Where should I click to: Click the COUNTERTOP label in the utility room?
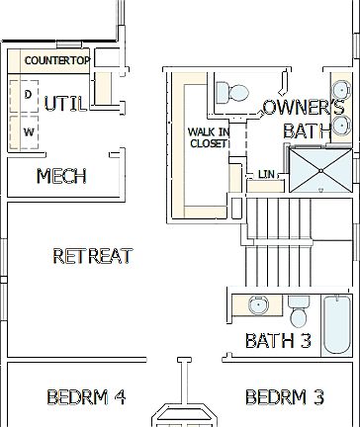coord(57,61)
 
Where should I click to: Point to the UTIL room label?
coord(66,103)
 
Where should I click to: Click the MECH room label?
coord(61,177)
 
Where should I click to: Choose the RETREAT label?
coord(92,256)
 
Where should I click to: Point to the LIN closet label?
coord(266,175)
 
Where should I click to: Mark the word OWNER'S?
coord(304,108)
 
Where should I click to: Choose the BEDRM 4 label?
coord(86,397)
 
